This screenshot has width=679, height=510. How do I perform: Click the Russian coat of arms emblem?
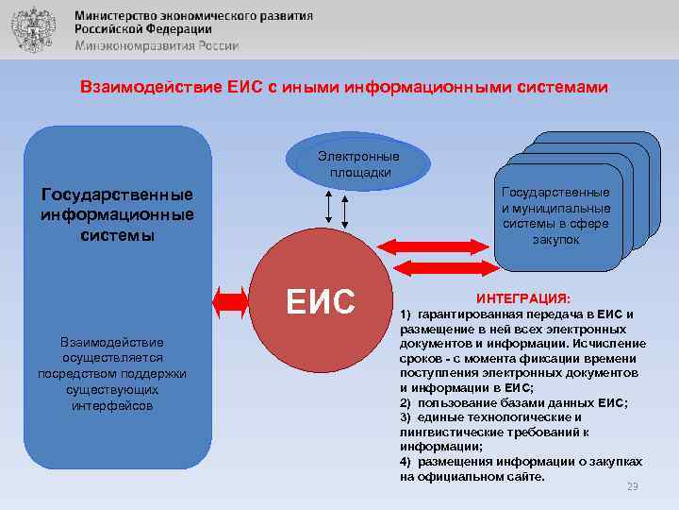click(x=33, y=29)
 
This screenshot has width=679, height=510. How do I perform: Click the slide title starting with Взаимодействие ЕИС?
click(x=343, y=87)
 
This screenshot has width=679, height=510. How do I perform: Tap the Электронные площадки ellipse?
click(x=358, y=163)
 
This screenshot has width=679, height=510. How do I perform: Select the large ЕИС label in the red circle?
click(x=321, y=301)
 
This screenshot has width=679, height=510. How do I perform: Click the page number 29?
click(x=633, y=486)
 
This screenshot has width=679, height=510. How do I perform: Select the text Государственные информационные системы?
click(x=117, y=214)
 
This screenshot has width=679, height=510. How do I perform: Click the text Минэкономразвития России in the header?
click(x=157, y=45)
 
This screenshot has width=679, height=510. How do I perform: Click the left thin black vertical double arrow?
click(x=327, y=205)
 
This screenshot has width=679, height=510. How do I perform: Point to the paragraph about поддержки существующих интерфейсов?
click(x=117, y=373)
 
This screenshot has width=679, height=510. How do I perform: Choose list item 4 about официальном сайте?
click(x=521, y=468)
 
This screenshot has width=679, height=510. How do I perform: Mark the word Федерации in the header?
click(x=180, y=30)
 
